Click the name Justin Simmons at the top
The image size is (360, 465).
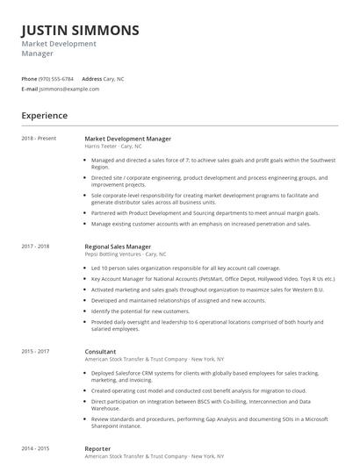(x=80, y=30)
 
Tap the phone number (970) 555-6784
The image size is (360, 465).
(x=56, y=79)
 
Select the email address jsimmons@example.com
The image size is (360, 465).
(x=69, y=89)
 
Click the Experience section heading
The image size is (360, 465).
(x=45, y=115)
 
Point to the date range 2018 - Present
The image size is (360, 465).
(x=39, y=139)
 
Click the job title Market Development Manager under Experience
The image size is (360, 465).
(x=127, y=139)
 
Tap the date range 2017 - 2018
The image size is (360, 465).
(x=36, y=247)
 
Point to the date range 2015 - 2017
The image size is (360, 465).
(x=36, y=351)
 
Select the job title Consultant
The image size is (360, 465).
(x=101, y=351)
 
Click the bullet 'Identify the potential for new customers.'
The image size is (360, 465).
(x=140, y=311)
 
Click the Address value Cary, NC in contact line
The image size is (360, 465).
(x=114, y=79)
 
